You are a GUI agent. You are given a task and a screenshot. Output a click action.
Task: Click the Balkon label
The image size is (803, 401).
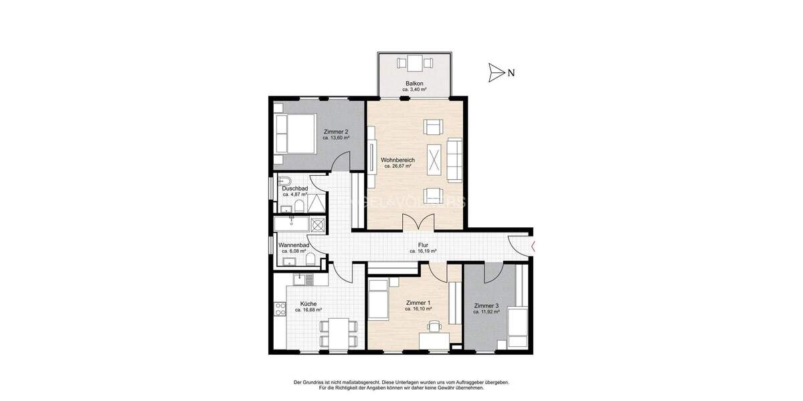pos(414,83)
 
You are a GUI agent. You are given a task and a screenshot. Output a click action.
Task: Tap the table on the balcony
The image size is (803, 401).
pos(414,64)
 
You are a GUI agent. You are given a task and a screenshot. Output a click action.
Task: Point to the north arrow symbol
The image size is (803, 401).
pos(496,72)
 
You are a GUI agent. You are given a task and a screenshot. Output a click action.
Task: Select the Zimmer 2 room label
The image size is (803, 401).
pos(335,132)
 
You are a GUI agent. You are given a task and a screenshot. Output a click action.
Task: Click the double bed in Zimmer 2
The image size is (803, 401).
pos(295,134)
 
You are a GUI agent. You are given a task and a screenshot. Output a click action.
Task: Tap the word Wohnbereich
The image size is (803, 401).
pos(398,160)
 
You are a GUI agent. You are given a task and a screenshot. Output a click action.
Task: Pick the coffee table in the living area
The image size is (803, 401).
pos(434,160)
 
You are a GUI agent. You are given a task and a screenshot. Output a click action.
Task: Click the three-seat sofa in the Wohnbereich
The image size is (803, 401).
pos(456,159)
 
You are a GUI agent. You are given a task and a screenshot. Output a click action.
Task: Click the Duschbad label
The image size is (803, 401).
pos(294,188)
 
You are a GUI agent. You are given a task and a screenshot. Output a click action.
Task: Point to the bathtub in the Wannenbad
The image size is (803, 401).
pos(291,224)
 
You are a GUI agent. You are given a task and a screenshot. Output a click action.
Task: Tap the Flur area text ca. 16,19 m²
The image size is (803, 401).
pos(423,252)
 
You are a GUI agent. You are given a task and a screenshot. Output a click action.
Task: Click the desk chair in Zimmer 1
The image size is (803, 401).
pos(436,327)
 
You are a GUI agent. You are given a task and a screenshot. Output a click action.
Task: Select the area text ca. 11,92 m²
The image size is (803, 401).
pos(486,312)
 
